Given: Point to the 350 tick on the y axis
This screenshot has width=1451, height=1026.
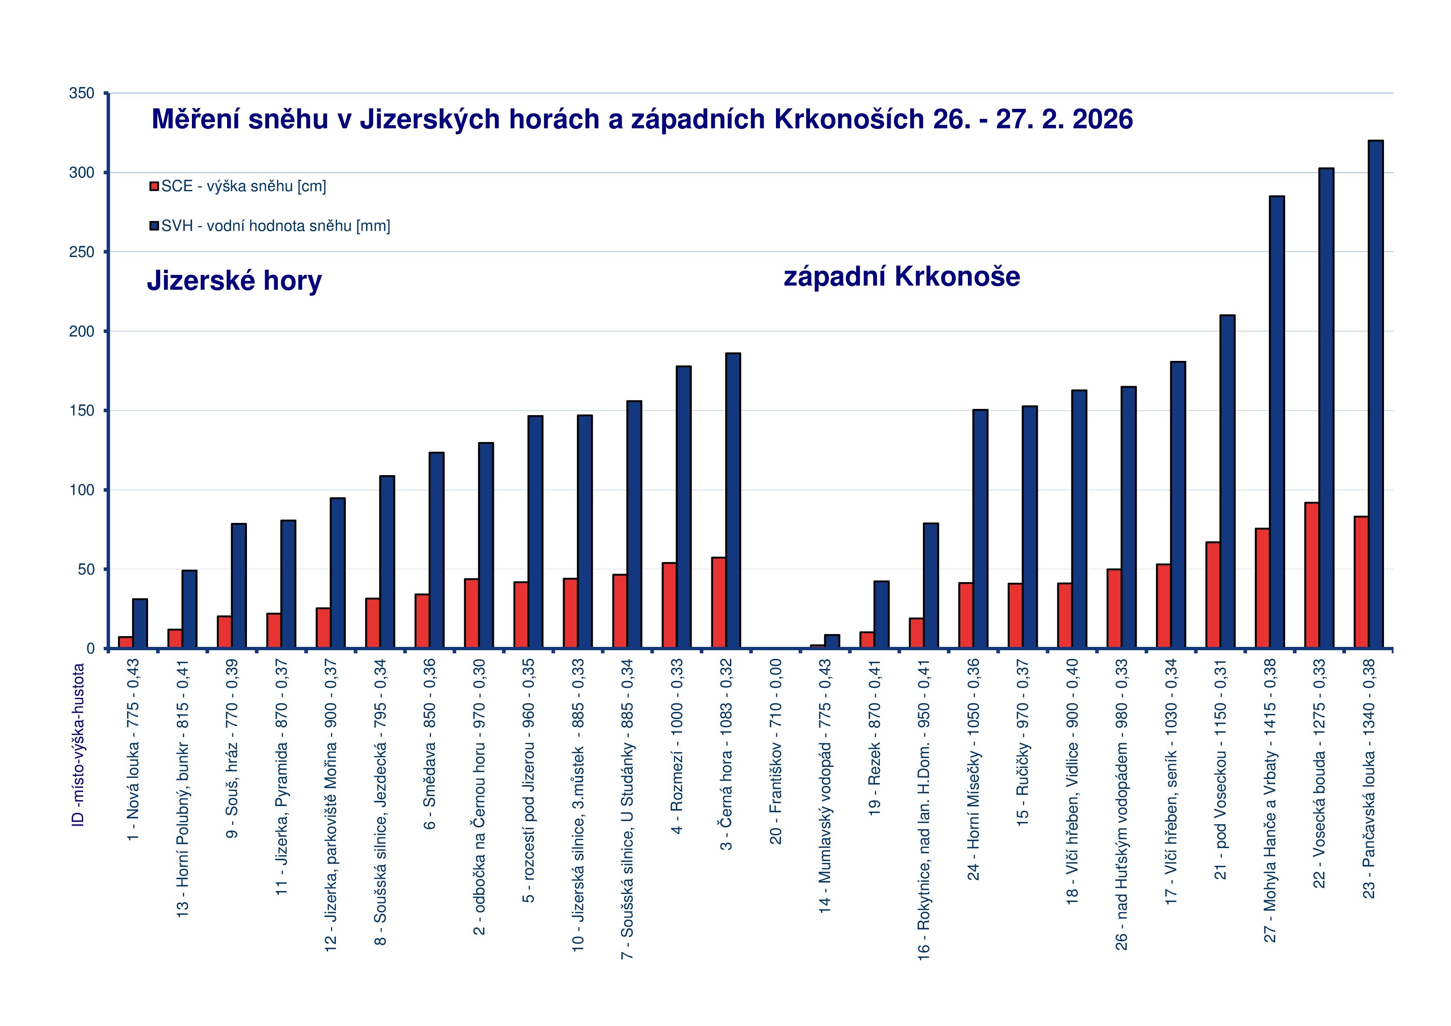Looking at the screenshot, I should (82, 94).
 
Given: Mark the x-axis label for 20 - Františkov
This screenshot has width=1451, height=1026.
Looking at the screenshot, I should (776, 751).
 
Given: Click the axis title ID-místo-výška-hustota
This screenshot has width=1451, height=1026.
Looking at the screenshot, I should (78, 745).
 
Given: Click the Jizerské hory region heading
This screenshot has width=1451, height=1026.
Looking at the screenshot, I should (235, 281).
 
